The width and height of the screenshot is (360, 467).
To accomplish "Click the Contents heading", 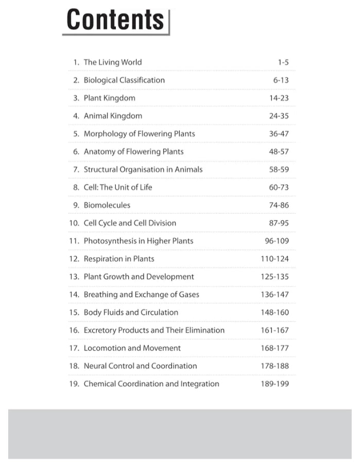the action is click(115, 20).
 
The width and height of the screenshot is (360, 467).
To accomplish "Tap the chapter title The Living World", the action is click(112, 62).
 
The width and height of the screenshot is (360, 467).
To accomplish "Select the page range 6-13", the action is click(281, 80).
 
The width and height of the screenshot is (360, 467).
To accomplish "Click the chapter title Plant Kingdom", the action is click(109, 98).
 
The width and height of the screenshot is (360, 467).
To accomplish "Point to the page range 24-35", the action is click(279, 116).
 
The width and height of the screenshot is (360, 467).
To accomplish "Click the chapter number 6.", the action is click(76, 152).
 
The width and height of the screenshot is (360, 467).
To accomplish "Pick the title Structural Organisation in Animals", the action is click(143, 170).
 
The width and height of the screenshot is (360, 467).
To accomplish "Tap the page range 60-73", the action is click(279, 188).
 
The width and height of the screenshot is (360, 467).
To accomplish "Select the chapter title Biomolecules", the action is click(107, 205).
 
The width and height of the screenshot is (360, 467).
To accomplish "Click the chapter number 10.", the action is click(74, 223).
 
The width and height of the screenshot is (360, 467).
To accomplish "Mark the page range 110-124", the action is click(275, 259).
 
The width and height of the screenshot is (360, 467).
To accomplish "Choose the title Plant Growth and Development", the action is click(139, 277).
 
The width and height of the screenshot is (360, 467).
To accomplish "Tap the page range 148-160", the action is click(275, 312).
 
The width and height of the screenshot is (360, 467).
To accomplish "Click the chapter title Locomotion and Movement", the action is click(132, 348).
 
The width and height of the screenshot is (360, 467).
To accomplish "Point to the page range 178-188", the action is click(275, 366).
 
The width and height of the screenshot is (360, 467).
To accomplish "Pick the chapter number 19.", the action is click(74, 384).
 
